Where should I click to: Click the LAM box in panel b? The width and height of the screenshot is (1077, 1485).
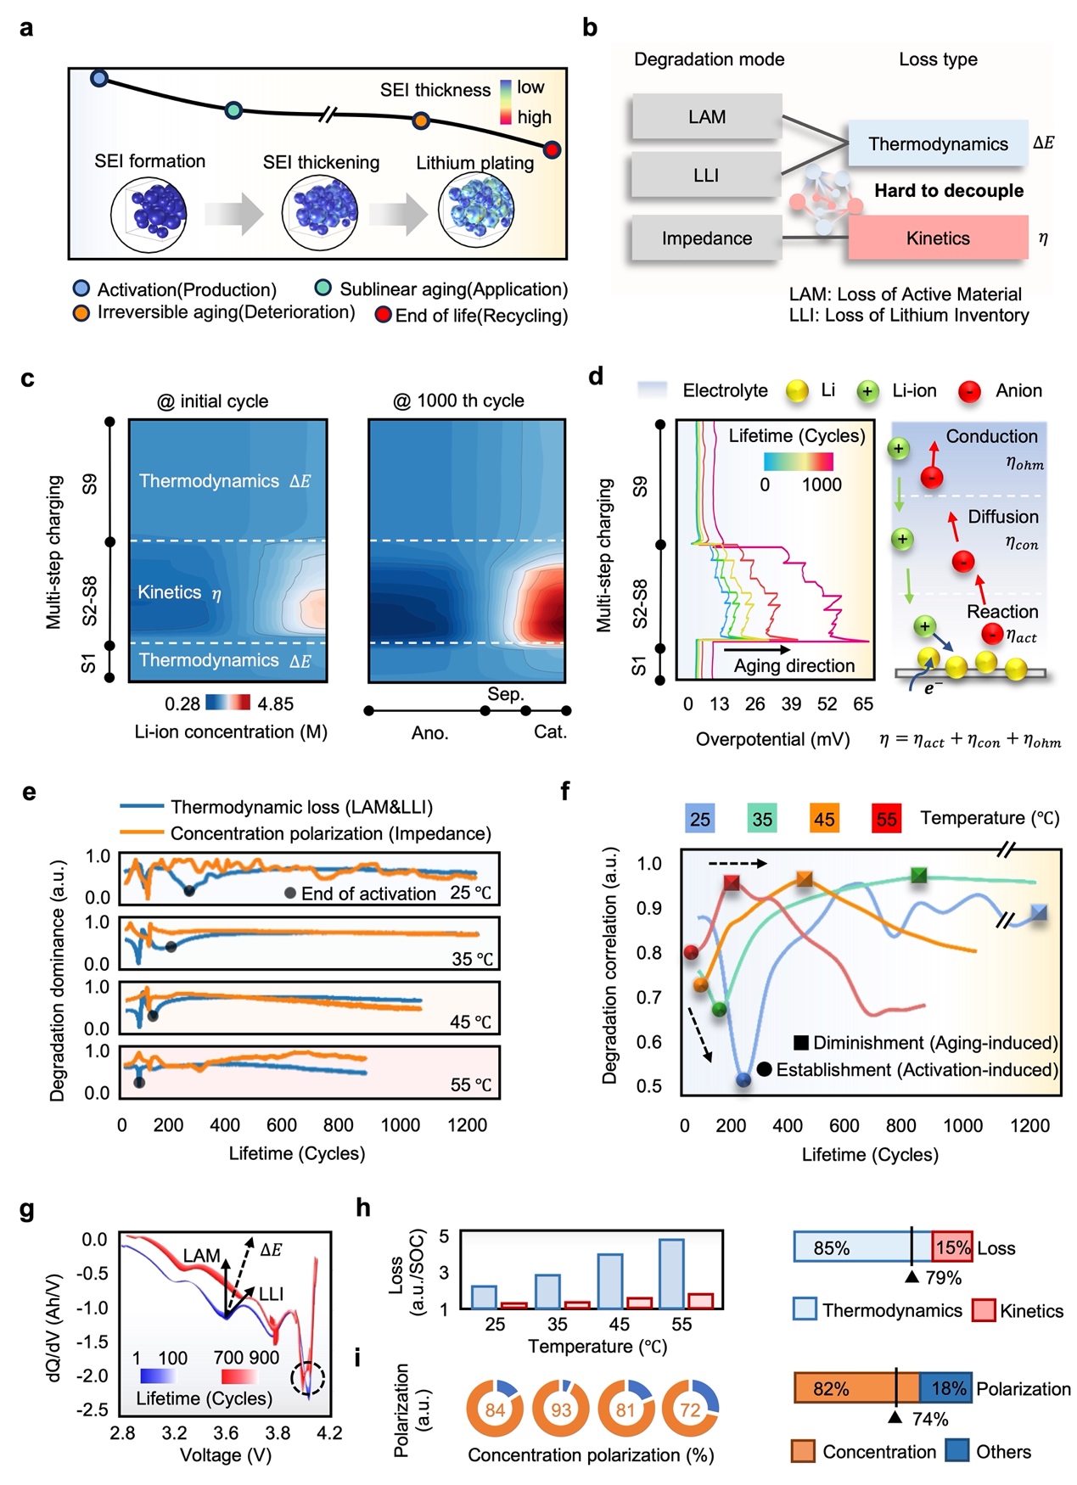pyautogui.click(x=706, y=117)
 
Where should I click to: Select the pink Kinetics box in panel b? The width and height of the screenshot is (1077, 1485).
pyautogui.click(x=938, y=238)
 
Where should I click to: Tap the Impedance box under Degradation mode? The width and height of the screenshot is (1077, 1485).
pyautogui.click(x=706, y=238)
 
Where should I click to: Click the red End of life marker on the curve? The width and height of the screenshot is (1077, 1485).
pyautogui.click(x=552, y=150)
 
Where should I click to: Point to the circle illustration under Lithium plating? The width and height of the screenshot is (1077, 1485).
pyautogui.click(x=476, y=212)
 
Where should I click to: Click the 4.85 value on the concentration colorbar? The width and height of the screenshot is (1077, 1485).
pyautogui.click(x=276, y=703)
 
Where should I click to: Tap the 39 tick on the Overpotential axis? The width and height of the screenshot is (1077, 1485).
pyautogui.click(x=791, y=703)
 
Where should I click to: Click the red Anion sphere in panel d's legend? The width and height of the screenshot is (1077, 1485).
pyautogui.click(x=969, y=391)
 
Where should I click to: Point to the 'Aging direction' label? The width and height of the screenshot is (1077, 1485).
pyautogui.click(x=794, y=666)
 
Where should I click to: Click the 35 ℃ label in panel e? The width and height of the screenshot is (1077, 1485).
pyautogui.click(x=472, y=959)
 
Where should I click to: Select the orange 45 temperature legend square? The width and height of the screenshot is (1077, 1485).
pyautogui.click(x=824, y=819)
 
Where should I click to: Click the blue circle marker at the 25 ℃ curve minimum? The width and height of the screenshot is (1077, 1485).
pyautogui.click(x=743, y=1079)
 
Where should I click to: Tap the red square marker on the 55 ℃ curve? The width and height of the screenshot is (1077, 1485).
pyautogui.click(x=732, y=883)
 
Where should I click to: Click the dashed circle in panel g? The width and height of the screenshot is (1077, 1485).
pyautogui.click(x=307, y=1378)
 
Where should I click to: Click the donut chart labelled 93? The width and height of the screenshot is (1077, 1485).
pyautogui.click(x=560, y=1409)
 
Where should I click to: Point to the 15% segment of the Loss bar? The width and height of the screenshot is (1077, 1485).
pyautogui.click(x=952, y=1247)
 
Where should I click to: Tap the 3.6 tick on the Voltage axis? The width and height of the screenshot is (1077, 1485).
pyautogui.click(x=226, y=1432)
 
